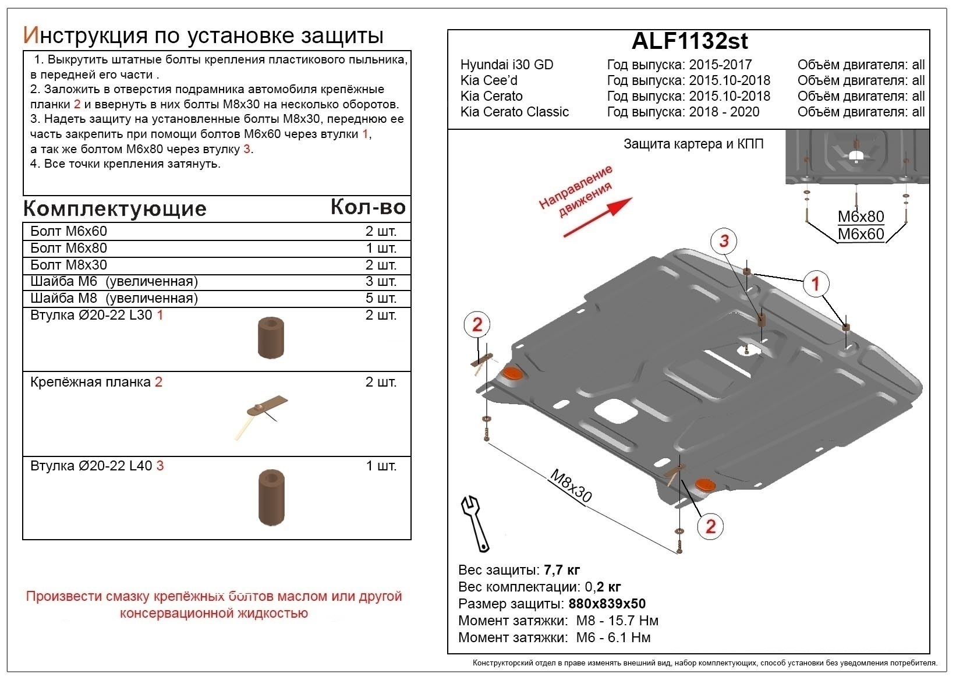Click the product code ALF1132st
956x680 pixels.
click(689, 41)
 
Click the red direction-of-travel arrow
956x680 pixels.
click(598, 217)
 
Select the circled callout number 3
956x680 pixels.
click(724, 241)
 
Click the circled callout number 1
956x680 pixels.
click(815, 284)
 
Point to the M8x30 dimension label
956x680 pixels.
click(571, 486)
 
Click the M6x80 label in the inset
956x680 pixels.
click(861, 217)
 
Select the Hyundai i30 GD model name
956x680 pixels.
click(507, 65)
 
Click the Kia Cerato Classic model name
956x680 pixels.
click(514, 112)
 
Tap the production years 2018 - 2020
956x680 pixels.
click(724, 112)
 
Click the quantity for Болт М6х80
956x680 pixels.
click(381, 248)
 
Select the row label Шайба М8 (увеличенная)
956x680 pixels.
click(114, 298)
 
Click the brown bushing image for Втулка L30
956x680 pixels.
click(271, 338)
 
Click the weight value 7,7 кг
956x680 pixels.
click(561, 570)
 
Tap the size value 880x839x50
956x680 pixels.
click(607, 604)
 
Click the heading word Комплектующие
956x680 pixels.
click(115, 208)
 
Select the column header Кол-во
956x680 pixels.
click(368, 207)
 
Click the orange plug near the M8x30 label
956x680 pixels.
click(705, 485)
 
